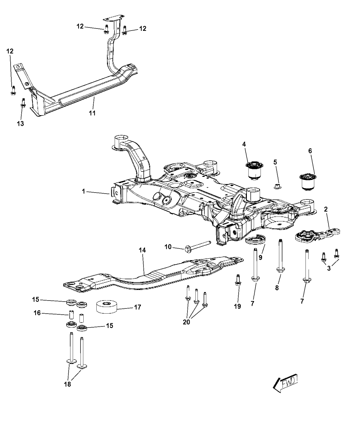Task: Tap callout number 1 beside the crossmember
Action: pyautogui.click(x=83, y=192)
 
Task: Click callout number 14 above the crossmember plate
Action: pyautogui.click(x=142, y=251)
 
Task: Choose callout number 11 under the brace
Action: pyautogui.click(x=92, y=113)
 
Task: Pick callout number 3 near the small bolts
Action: pyautogui.click(x=329, y=268)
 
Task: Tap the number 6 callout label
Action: pyautogui.click(x=311, y=151)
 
